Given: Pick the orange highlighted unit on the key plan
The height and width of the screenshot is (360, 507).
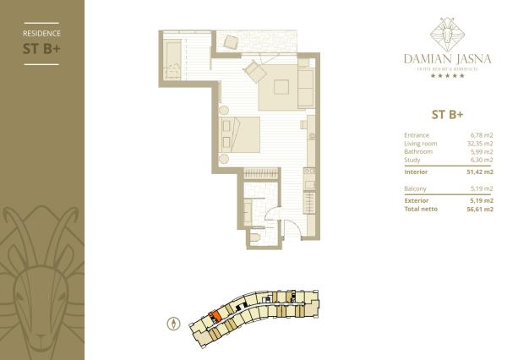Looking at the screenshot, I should point(215,316).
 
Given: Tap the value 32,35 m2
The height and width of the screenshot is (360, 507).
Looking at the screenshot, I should point(482,143).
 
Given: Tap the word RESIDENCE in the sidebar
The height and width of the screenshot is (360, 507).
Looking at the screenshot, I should point(41,33).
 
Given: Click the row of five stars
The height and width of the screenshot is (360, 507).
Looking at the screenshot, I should point(447,76).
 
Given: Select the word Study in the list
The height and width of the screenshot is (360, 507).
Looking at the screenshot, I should point(414,160).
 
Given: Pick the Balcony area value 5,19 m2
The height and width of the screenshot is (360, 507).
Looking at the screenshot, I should point(482,188).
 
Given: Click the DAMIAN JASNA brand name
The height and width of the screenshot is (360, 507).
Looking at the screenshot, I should point(447,59).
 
